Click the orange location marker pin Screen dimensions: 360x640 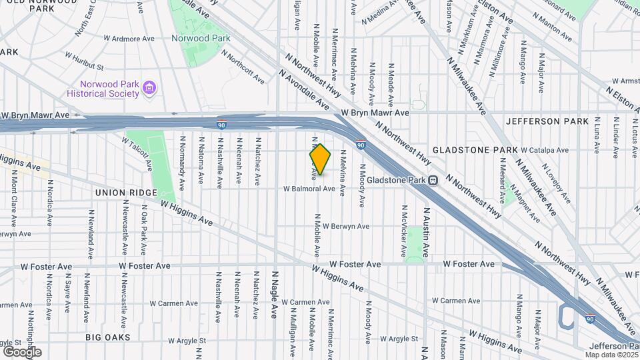pyautogui.click(x=320, y=159)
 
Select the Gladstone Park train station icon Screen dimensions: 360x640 pyautogui.click(x=433, y=179)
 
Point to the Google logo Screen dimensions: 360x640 pyautogui.click(x=22, y=351)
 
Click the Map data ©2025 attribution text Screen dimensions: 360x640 pyautogui.click(x=613, y=355)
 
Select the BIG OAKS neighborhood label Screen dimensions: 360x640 pyautogui.click(x=107, y=337)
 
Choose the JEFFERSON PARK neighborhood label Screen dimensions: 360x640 pyautogui.click(x=547, y=121)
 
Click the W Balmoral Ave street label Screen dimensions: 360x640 pyautogui.click(x=309, y=189)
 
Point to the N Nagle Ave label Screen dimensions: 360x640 pyautogui.click(x=273, y=294)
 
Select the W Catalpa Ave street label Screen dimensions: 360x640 pyautogui.click(x=544, y=151)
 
